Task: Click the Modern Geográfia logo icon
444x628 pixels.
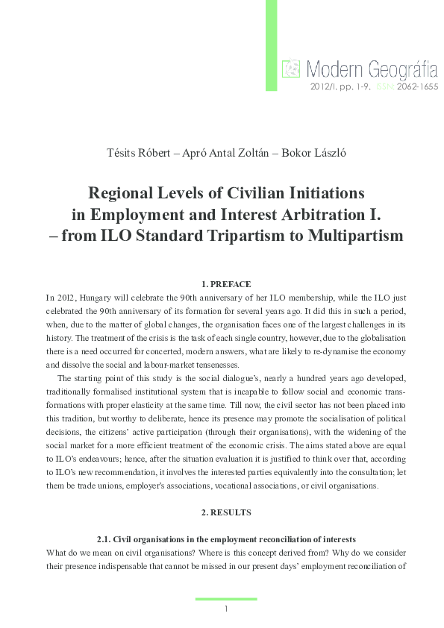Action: coord(290,70)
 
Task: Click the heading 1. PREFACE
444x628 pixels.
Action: coord(226,284)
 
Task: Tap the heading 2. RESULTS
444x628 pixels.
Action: coord(226,513)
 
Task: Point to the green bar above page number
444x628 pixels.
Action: coord(226,599)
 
